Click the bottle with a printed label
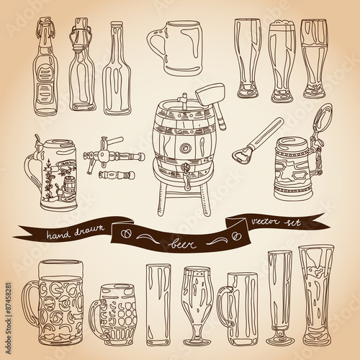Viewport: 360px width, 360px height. (x=45, y=72)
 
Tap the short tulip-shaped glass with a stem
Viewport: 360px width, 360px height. (x=197, y=306)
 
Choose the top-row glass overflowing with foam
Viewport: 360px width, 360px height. (x=280, y=60)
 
